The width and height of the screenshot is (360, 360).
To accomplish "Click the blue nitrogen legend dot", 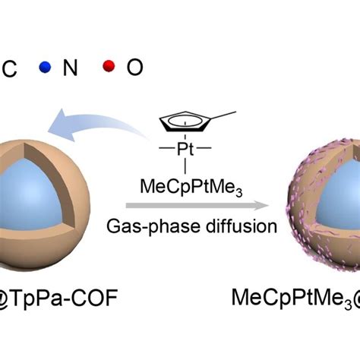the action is click(45, 67).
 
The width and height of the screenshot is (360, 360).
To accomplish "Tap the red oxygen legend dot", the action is click(109, 66).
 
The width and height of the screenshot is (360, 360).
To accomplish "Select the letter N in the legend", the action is click(70, 68).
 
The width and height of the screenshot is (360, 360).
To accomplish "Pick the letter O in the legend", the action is click(135, 67).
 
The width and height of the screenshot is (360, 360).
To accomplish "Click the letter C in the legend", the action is click(10, 68).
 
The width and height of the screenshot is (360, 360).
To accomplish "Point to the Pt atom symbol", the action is click(185, 149).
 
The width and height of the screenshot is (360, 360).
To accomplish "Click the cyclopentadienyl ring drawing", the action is click(185, 122).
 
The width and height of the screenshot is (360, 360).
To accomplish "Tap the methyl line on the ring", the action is click(223, 115).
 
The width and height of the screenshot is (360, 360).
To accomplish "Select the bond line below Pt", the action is click(185, 166).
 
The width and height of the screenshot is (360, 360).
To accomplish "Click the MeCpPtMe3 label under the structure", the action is click(191, 188).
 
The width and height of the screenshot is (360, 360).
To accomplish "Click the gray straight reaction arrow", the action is click(197, 205).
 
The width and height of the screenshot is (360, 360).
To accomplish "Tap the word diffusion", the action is click(242, 226).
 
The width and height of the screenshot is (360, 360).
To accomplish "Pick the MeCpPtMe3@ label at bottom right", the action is click(295, 298).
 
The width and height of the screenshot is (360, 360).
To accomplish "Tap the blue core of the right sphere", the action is click(338, 195).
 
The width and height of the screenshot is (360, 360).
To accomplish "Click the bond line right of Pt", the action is click(204, 148).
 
